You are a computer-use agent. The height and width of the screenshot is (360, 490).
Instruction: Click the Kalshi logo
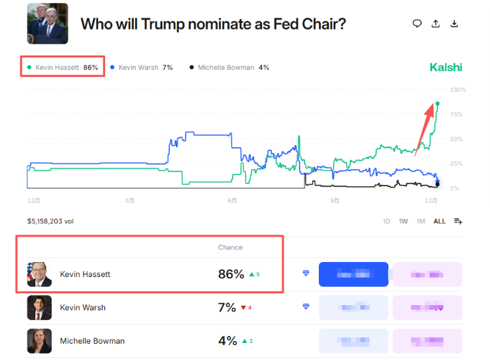446,67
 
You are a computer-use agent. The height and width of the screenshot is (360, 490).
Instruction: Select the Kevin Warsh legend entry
141,67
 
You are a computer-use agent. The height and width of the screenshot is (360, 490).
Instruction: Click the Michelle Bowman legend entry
229,67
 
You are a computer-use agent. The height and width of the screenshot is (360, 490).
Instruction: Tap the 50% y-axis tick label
457,139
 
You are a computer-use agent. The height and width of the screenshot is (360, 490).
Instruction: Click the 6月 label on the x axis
232,201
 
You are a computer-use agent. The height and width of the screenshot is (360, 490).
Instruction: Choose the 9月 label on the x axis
335,201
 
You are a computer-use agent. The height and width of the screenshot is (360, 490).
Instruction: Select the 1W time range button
403,221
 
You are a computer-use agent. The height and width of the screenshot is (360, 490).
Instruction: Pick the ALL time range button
440,221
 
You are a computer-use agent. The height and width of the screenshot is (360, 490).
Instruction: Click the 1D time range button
387,221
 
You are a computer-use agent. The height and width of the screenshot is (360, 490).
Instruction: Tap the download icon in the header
455,24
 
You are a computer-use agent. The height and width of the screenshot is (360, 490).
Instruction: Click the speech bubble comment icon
417,24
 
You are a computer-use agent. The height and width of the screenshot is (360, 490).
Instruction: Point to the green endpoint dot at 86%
437,103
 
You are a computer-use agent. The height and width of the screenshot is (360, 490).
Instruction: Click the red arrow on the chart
425,127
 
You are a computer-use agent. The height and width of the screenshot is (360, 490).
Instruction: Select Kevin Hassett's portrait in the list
39,274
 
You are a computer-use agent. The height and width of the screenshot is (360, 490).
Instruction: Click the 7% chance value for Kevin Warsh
227,308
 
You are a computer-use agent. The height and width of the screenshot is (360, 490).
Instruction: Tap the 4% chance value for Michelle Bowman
227,341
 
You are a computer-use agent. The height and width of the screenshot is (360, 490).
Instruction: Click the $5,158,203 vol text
50,221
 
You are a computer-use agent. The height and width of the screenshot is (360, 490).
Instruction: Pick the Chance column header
230,248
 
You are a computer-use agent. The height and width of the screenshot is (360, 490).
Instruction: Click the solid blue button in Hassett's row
353,274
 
